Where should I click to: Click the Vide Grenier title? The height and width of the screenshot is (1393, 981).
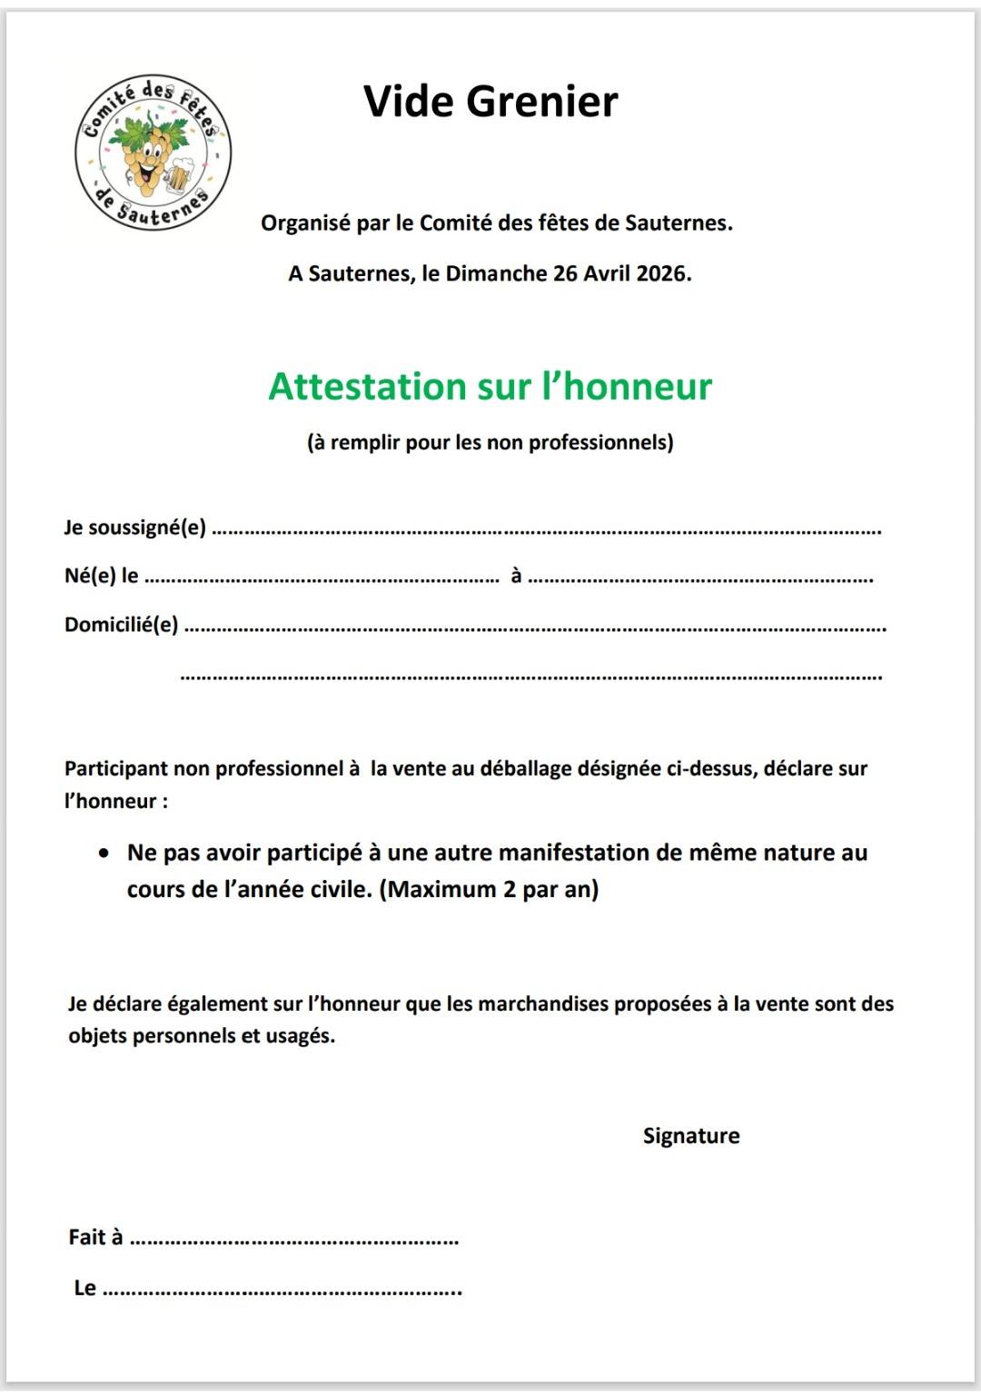click(490, 101)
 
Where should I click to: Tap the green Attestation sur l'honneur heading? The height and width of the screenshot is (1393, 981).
click(490, 387)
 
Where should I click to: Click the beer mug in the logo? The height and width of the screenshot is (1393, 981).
click(179, 173)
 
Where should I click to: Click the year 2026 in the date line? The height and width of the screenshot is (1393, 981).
click(661, 273)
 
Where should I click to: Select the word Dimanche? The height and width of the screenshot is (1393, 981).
click(495, 273)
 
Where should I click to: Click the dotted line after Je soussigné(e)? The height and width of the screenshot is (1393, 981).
click(546, 530)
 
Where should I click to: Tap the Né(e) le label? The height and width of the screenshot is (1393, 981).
click(101, 576)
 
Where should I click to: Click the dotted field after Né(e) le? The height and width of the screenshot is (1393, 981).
click(322, 578)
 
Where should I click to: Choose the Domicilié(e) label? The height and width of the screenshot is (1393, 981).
click(121, 625)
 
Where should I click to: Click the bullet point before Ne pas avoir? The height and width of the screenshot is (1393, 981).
click(106, 854)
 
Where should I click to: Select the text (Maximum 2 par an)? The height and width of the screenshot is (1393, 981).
click(489, 889)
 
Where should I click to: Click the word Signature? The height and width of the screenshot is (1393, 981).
click(691, 1136)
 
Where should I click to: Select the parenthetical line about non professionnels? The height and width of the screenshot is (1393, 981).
click(490, 442)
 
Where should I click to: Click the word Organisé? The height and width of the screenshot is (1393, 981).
click(305, 223)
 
